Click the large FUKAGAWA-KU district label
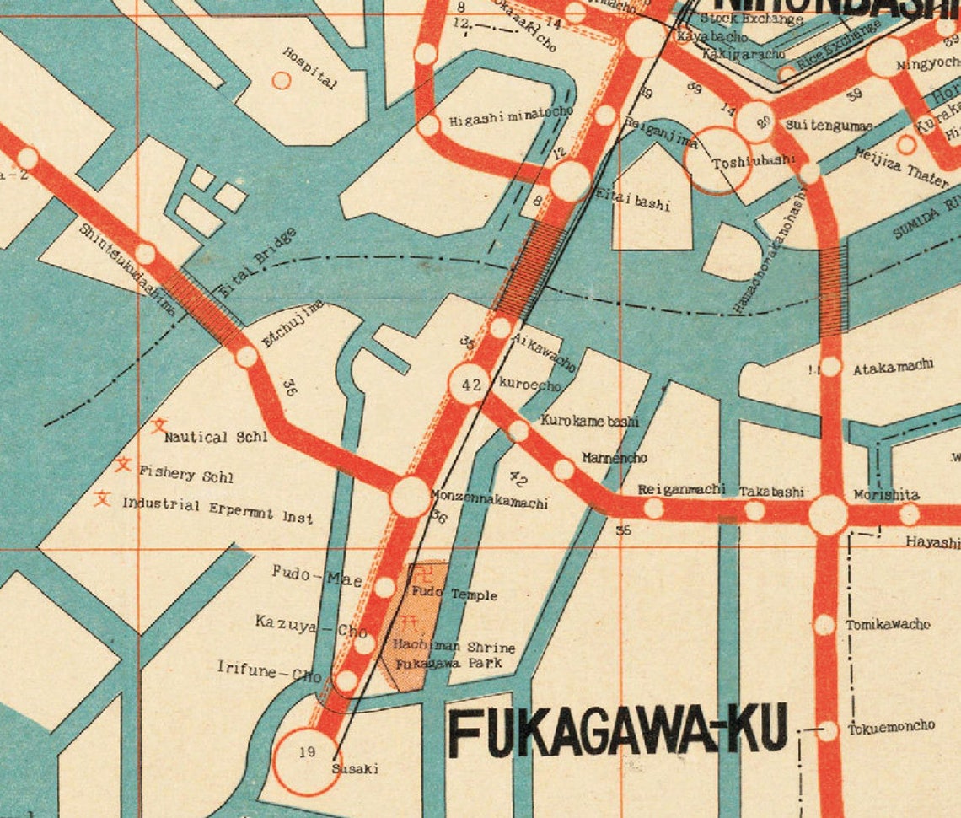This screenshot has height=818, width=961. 620,730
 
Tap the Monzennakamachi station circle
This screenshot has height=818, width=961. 411,497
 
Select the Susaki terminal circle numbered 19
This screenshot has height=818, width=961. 307,761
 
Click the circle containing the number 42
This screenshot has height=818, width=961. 470,385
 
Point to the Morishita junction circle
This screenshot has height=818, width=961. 828,514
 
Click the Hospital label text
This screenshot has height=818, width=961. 310,67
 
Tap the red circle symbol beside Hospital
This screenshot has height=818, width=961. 282,81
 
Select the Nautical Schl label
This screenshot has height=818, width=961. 216,437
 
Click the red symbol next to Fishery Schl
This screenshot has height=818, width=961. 124,464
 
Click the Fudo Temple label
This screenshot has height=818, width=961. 454,595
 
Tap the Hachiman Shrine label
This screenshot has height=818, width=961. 454,647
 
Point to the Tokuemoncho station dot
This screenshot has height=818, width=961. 829,730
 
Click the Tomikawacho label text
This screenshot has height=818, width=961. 888,625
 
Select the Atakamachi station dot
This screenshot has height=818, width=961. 831,367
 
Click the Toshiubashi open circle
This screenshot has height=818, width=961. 718,160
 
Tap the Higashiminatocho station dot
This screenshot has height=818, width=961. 429,126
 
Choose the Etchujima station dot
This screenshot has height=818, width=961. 246,357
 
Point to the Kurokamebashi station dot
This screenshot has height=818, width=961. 518,431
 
